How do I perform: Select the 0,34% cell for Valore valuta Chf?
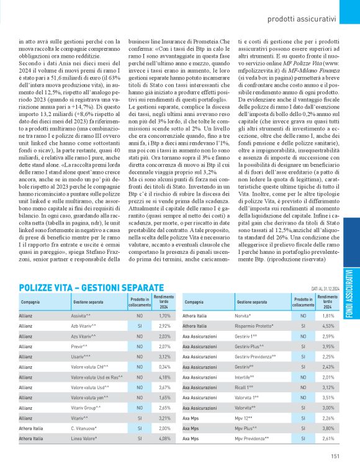coord(164,366)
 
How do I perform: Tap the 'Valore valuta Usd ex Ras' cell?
coord(98,377)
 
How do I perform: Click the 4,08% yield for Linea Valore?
coord(164,438)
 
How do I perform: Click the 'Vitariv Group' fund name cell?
coord(89,408)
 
